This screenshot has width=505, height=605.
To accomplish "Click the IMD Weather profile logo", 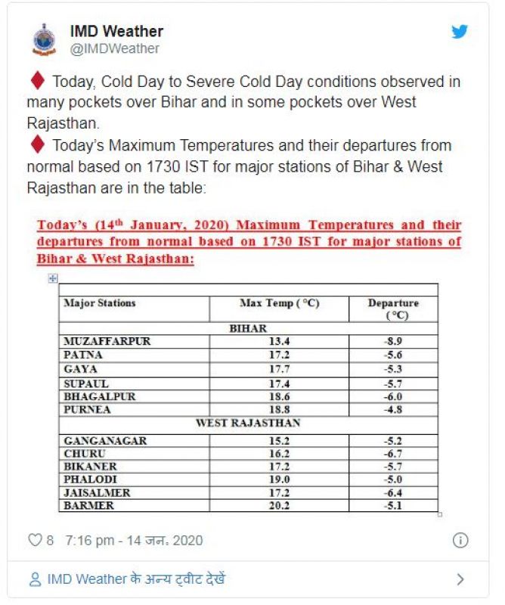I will pos(44,39).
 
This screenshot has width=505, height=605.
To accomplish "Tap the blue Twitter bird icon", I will pos(460,32).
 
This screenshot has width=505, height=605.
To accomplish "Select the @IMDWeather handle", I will pos(115,48).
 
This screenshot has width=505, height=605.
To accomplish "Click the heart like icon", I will pos(35,541).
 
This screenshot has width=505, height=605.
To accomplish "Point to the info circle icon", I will pos(460,541).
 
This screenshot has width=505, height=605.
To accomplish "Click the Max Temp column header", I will pos(279,303).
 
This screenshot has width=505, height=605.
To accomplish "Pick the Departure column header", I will pos(392,309).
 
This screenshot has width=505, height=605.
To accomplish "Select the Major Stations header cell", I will pos(100,303).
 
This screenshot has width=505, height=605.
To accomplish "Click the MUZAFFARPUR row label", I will pos(107,341).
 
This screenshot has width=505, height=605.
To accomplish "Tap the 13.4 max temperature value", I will pos(279,341).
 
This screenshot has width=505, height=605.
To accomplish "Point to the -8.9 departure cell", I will pos(392,341).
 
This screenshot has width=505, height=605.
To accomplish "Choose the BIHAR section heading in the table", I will pos(248,329).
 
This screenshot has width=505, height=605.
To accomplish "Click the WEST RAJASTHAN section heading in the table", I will pos(248,423).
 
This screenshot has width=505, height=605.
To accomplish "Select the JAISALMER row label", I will pos(97,492).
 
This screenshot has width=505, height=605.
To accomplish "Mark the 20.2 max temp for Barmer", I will pos(279,505).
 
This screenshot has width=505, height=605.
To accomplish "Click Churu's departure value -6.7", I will pos(392,454).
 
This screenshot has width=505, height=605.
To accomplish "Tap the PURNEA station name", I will pos(87,409).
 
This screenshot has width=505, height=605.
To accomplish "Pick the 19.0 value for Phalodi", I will pos(279,479).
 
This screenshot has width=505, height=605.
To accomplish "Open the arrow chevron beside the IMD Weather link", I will pos(460,580).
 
